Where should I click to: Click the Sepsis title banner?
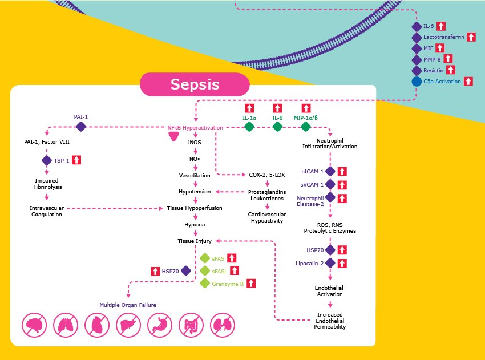[x=195, y=85]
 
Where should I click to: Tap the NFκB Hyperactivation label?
[x=195, y=127]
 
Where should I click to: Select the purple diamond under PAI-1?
[x=80, y=127]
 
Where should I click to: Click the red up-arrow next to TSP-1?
[x=77, y=160]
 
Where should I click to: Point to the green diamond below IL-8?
[x=277, y=127]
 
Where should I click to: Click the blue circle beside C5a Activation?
[x=417, y=82]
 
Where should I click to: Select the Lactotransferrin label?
[x=443, y=37]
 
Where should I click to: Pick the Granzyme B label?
[x=227, y=283]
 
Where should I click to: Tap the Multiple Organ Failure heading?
[x=128, y=305]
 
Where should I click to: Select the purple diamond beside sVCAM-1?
[x=330, y=184]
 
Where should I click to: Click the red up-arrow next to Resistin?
[x=450, y=70]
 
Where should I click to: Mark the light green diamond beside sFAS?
[x=205, y=258]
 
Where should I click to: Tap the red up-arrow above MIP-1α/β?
[x=306, y=108]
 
